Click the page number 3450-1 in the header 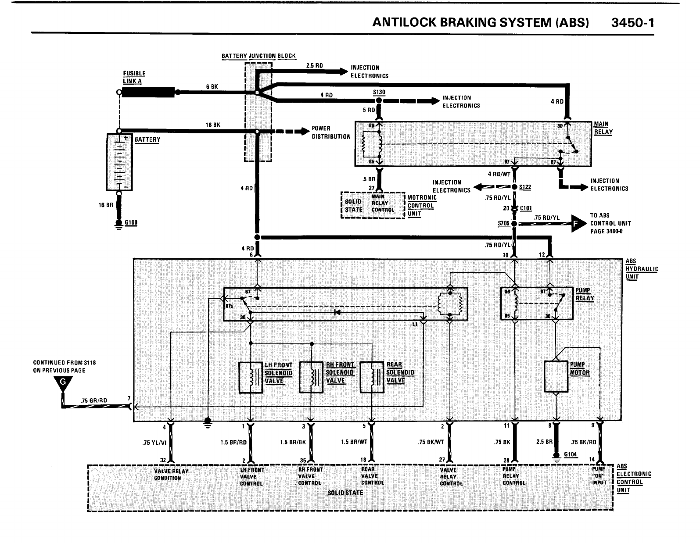[x=632, y=23]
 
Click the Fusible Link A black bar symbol [x=147, y=92]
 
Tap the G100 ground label [x=131, y=223]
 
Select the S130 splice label [x=379, y=93]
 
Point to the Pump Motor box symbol [x=556, y=376]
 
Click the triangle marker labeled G [x=63, y=383]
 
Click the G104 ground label [x=570, y=454]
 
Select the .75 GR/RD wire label [x=94, y=400]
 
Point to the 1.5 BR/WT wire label [x=354, y=442]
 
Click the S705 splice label [x=503, y=223]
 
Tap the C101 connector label [x=525, y=208]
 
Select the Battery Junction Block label [x=258, y=56]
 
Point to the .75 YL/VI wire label [x=154, y=443]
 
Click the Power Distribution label [x=331, y=132]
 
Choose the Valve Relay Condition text [x=171, y=475]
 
